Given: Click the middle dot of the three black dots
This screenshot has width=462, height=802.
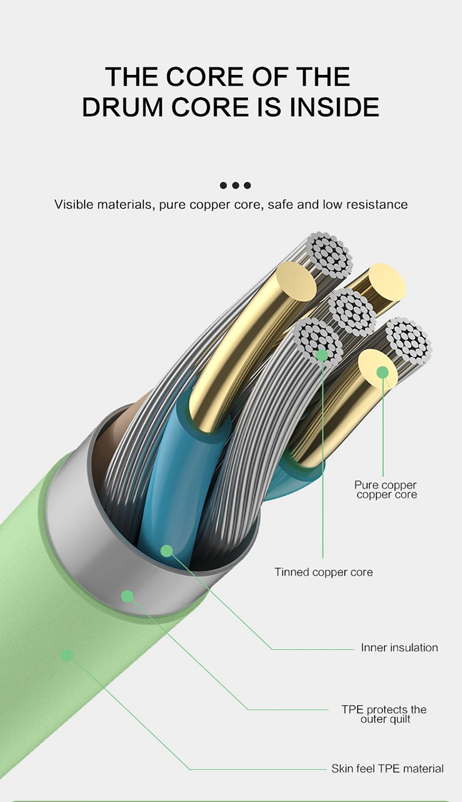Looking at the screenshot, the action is pyautogui.click(x=235, y=185).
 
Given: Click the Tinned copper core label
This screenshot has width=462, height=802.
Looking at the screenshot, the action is pyautogui.click(x=323, y=572).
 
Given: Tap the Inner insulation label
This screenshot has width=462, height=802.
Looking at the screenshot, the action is pyautogui.click(x=399, y=648).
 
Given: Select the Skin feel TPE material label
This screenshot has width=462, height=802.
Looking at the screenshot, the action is pyautogui.click(x=387, y=768).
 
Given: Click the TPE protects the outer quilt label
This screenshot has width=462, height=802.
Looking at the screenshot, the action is pyautogui.click(x=384, y=714).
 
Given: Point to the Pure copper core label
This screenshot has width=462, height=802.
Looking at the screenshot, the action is pyautogui.click(x=386, y=490).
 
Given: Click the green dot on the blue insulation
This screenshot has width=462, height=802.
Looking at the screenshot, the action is pyautogui.click(x=167, y=551).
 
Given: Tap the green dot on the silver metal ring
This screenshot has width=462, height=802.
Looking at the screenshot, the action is pyautogui.click(x=127, y=596).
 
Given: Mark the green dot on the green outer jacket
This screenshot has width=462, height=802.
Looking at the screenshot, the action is pyautogui.click(x=67, y=655).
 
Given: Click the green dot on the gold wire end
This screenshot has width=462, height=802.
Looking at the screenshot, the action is pyautogui.click(x=383, y=372).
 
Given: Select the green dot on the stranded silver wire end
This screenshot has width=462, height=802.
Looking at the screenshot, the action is pyautogui.click(x=322, y=355).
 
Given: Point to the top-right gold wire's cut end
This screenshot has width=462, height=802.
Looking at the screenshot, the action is pyautogui.click(x=387, y=284).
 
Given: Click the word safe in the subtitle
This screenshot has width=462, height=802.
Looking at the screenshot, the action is pyautogui.click(x=280, y=204).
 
